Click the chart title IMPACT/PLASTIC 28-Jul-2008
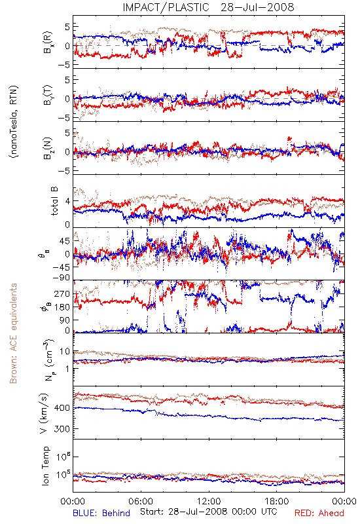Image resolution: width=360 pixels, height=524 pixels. [x=208, y=7]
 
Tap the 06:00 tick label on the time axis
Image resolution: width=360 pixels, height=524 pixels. [x=141, y=501]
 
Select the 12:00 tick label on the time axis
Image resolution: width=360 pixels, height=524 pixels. [x=209, y=501]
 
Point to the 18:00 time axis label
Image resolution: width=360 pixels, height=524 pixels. [x=277, y=501]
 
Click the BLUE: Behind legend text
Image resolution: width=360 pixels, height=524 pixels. [x=101, y=513]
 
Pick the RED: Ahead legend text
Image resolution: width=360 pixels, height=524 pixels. [x=319, y=513]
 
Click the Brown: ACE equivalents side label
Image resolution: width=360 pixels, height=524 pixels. [x=13, y=333]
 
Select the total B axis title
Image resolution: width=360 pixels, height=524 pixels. [x=54, y=201]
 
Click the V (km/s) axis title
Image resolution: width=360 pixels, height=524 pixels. [x=44, y=413]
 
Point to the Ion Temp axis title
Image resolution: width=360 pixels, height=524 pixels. [x=45, y=466]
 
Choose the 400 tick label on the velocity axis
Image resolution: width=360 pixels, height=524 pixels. [x=62, y=407]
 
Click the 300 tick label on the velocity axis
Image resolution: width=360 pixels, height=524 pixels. [x=62, y=429]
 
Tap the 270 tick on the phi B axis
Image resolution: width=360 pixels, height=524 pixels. [x=62, y=293]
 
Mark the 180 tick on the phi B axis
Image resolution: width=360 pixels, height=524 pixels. [x=62, y=307]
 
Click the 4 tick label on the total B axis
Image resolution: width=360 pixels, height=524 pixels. [x=67, y=201]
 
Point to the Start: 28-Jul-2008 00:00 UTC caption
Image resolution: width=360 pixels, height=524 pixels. [x=209, y=512]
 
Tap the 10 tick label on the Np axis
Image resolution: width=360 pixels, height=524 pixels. [x=65, y=352]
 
